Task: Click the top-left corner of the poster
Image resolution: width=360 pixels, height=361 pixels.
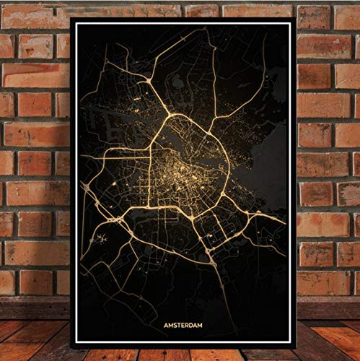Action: coord(71,19)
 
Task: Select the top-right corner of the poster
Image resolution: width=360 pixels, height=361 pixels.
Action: coord(295,19)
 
